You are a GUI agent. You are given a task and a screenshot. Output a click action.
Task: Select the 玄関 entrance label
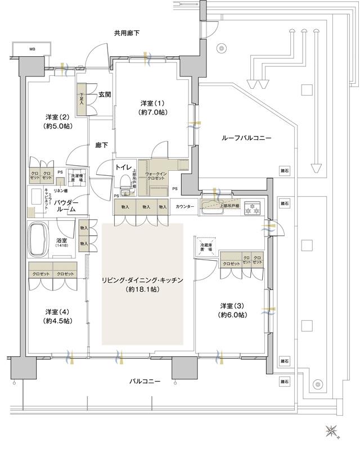[105, 94]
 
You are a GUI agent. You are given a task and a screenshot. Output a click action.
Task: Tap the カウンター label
[184, 207]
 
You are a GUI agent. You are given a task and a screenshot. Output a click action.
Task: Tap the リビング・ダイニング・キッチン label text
[142, 280]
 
